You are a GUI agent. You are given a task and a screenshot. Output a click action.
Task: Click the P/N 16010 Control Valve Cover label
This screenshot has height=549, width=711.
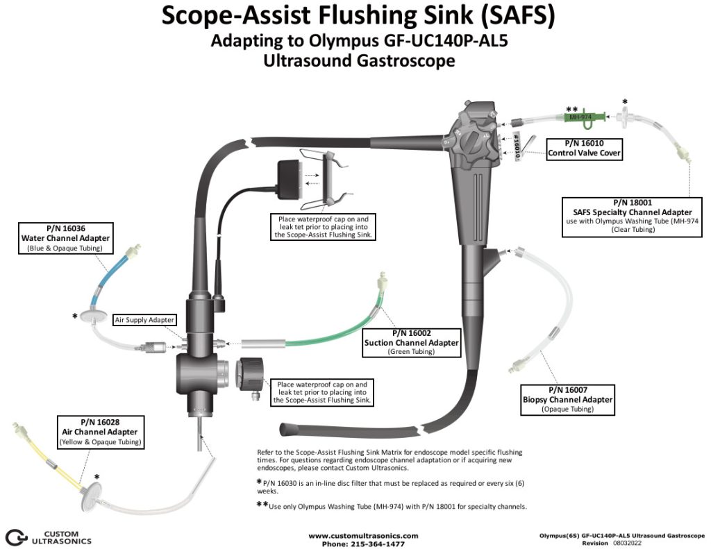[x=583, y=149]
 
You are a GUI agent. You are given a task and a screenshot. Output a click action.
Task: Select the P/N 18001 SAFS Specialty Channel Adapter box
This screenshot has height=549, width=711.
[x=633, y=216]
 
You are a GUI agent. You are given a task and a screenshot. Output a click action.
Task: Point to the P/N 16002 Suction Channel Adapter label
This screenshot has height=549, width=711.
[x=411, y=342]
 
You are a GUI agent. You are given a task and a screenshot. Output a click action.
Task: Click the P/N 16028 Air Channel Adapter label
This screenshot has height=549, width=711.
[x=101, y=431]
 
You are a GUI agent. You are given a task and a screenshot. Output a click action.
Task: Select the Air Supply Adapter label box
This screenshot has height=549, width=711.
[x=145, y=320]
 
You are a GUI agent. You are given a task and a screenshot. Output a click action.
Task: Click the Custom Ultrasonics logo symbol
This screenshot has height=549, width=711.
[x=15, y=537]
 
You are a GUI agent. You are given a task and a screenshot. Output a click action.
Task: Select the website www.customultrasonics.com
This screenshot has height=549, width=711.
[x=363, y=535]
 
